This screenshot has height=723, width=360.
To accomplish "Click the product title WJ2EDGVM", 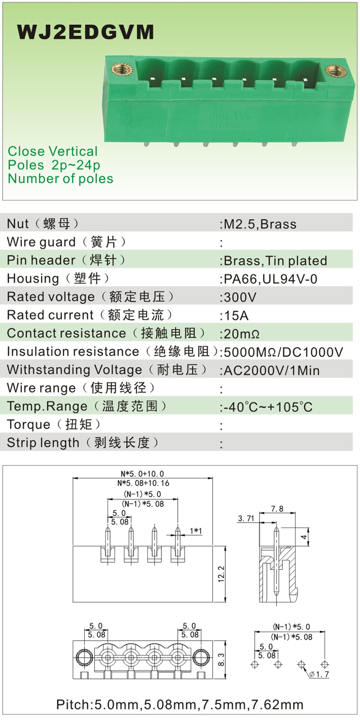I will [x=85, y=32].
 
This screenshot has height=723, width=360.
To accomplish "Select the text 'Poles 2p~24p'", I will [x=54, y=165].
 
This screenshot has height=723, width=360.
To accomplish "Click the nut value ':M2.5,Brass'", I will [x=258, y=224].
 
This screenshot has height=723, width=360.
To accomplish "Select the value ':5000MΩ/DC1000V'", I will [x=282, y=352].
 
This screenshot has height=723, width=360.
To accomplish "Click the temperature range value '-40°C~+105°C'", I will [x=267, y=407].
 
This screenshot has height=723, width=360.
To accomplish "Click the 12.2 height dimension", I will [x=221, y=574].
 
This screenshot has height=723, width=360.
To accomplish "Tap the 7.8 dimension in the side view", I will [x=277, y=509].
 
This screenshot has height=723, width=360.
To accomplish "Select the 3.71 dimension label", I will [x=246, y=519].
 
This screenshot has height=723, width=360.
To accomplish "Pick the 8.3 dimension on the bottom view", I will [x=221, y=659].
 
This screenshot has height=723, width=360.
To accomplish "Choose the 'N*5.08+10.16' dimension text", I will [x=143, y=483].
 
